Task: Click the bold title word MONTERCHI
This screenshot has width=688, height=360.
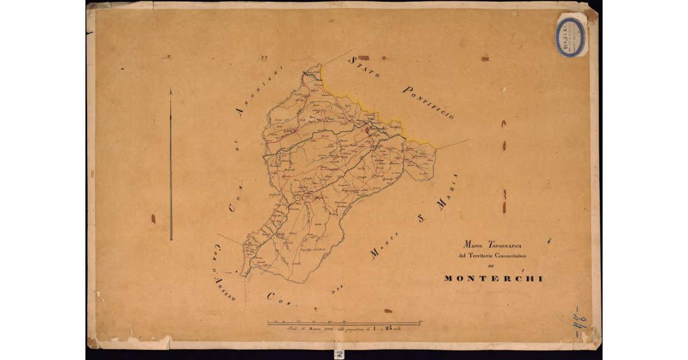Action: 492,279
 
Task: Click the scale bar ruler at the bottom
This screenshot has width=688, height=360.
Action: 344,323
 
